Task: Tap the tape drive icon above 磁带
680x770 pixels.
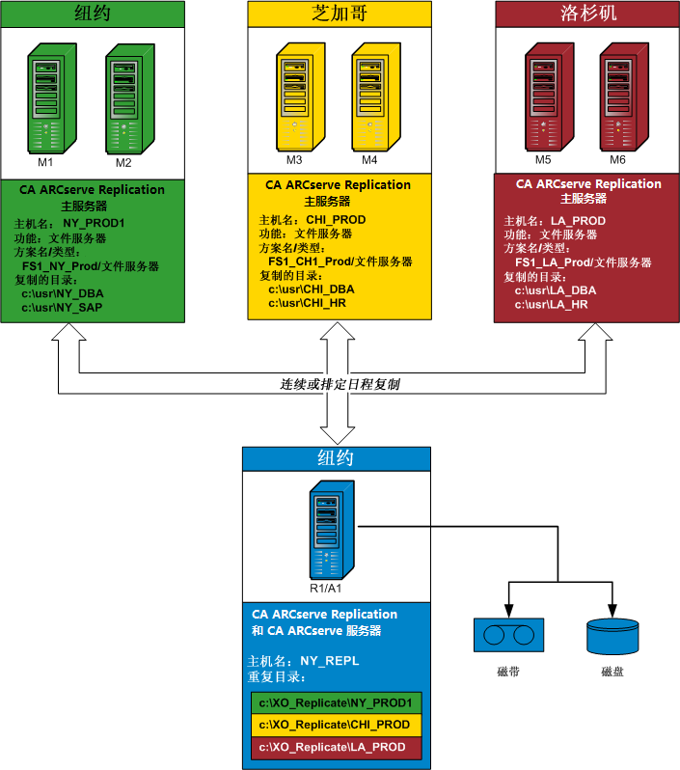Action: click(507, 635)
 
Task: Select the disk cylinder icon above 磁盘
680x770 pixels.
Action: click(612, 636)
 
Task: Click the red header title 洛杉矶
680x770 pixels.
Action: click(587, 14)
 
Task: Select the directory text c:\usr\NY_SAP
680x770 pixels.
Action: click(63, 308)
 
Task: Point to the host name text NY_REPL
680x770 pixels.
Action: click(330, 662)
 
